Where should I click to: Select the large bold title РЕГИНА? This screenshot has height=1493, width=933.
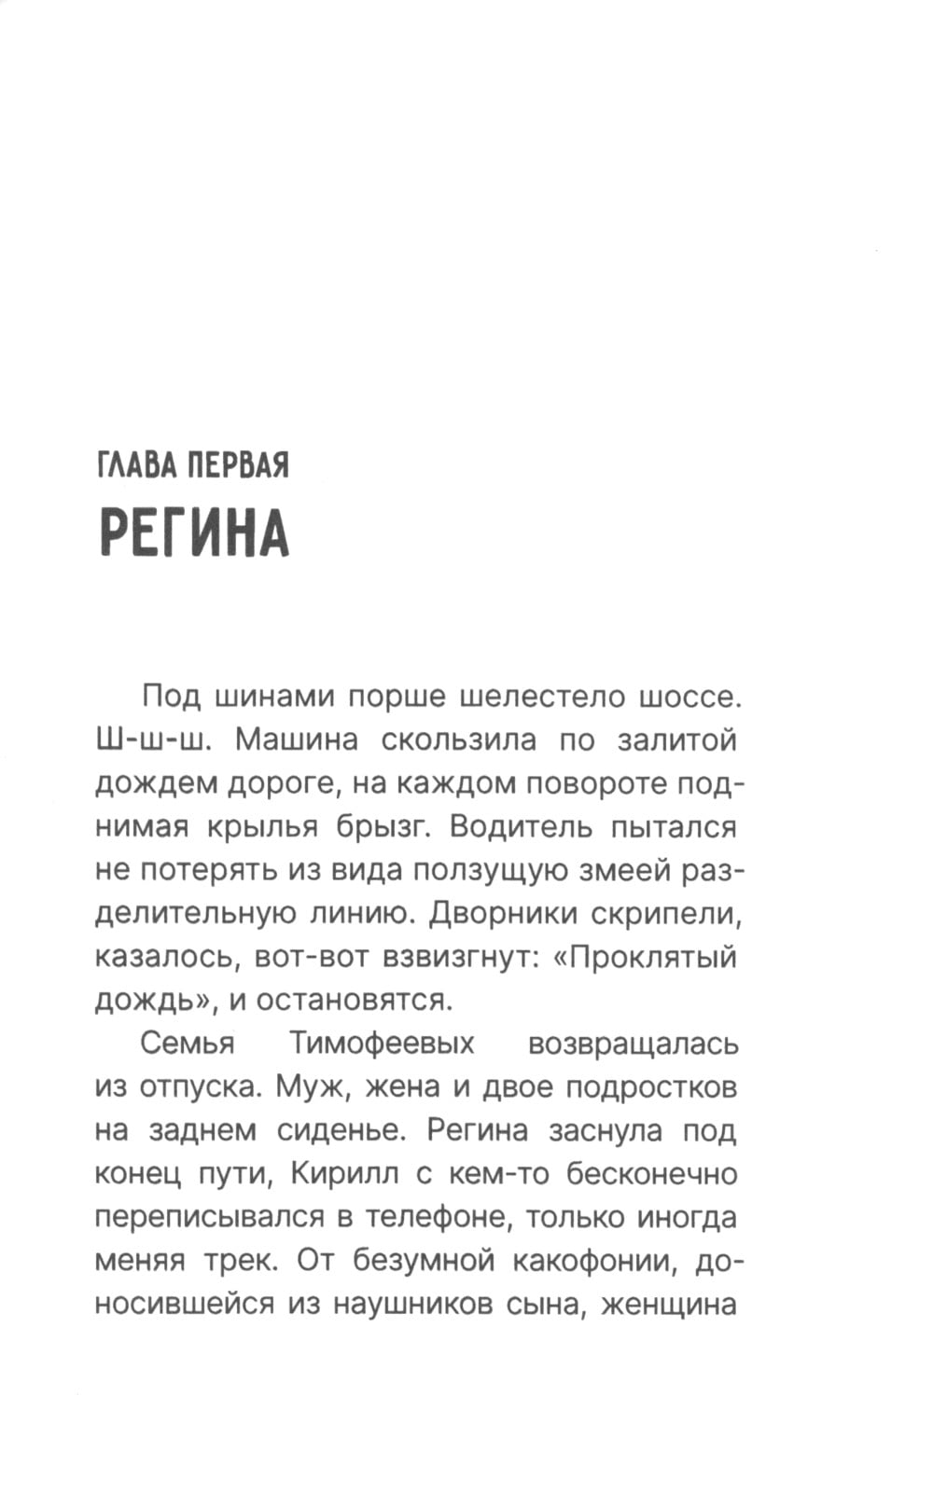click(194, 533)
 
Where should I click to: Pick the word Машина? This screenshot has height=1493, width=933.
click(297, 740)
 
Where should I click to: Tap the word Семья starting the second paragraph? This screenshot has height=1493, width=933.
click(187, 1043)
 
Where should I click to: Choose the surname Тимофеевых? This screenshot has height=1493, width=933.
click(382, 1043)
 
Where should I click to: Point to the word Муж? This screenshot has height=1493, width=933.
click(315, 1086)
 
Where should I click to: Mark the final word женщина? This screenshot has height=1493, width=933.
click(668, 1303)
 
